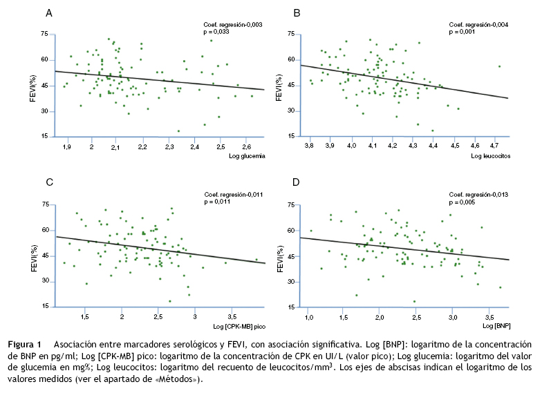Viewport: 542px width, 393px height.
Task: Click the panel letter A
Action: coord(48,13)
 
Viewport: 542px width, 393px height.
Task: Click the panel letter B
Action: coord(297,13)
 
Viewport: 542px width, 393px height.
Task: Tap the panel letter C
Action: coord(48,183)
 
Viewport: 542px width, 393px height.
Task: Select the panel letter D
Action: coord(297,183)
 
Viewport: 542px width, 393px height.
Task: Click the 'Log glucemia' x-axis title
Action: coord(247,157)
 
